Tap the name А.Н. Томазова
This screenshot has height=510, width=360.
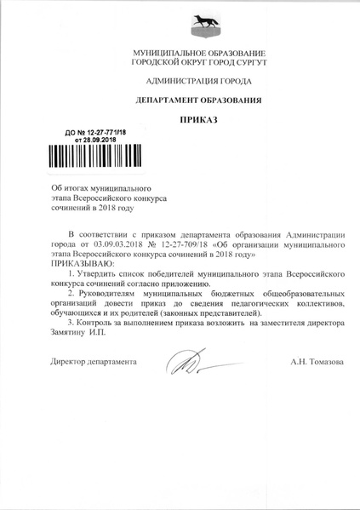[x=317, y=362]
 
